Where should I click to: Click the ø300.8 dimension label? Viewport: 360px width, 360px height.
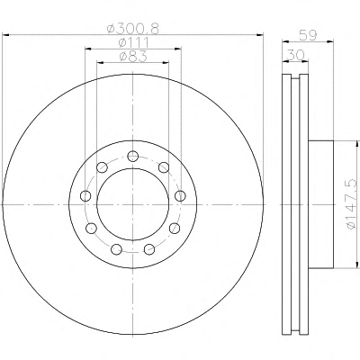pos(133,29)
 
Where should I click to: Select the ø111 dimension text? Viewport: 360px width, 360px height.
pos(133,43)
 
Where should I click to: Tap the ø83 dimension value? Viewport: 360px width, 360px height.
pos(133,57)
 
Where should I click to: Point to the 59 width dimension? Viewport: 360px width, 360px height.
pos(308,36)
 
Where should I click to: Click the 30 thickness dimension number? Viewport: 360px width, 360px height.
pos(295,55)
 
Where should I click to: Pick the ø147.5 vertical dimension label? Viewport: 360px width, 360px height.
pos(352,204)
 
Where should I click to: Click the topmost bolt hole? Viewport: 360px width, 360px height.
pos(132,157)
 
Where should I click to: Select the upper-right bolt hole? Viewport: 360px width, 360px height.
pos(164,167)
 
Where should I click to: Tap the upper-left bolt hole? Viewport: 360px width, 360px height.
pos(102,167)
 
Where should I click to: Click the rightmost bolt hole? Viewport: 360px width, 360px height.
pos(180,196)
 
